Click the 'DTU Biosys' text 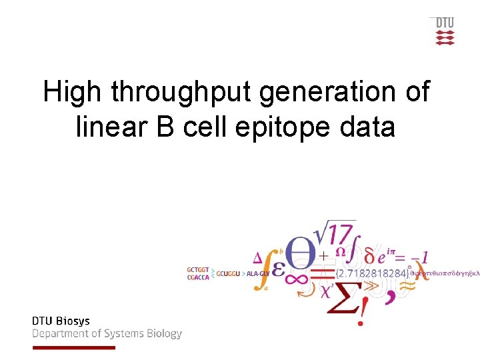coord(61,321)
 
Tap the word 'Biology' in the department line coord(160,334)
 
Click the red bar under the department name coord(73,347)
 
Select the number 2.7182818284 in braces coord(371,273)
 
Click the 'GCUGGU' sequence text coord(229,273)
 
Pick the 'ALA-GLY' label coord(258,273)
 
